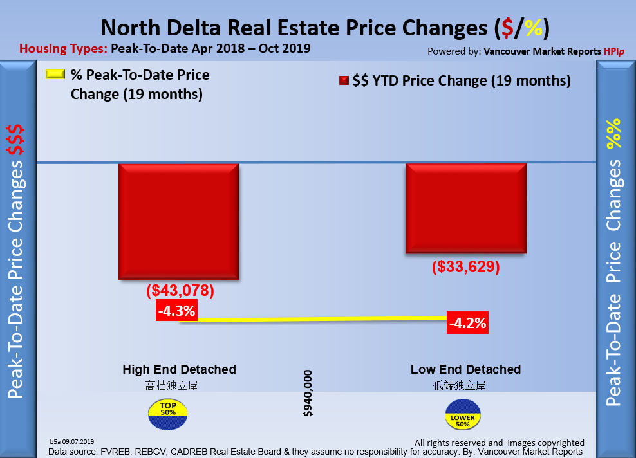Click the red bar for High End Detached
[178, 221]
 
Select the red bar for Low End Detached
[465, 208]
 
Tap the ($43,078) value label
[180, 291]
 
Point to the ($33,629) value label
[465, 266]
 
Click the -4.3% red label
[176, 312]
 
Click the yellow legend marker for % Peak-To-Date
[56, 75]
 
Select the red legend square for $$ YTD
[344, 81]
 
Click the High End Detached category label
[179, 370]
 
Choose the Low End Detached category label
[465, 370]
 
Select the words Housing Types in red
[62, 48]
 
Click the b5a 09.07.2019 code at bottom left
[72, 441]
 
